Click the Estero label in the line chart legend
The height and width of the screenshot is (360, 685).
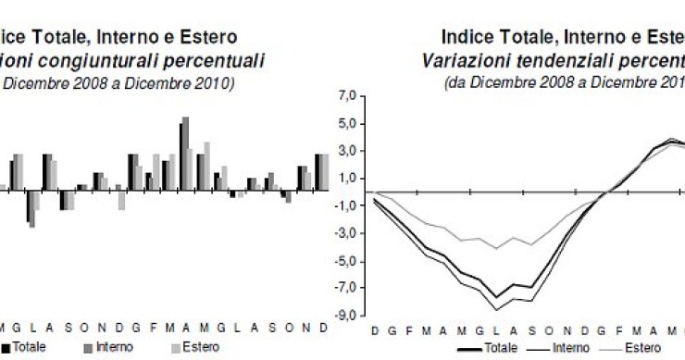click(642, 348)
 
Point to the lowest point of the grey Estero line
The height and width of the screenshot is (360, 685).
click(496, 248)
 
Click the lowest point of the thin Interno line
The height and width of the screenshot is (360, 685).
click(496, 309)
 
